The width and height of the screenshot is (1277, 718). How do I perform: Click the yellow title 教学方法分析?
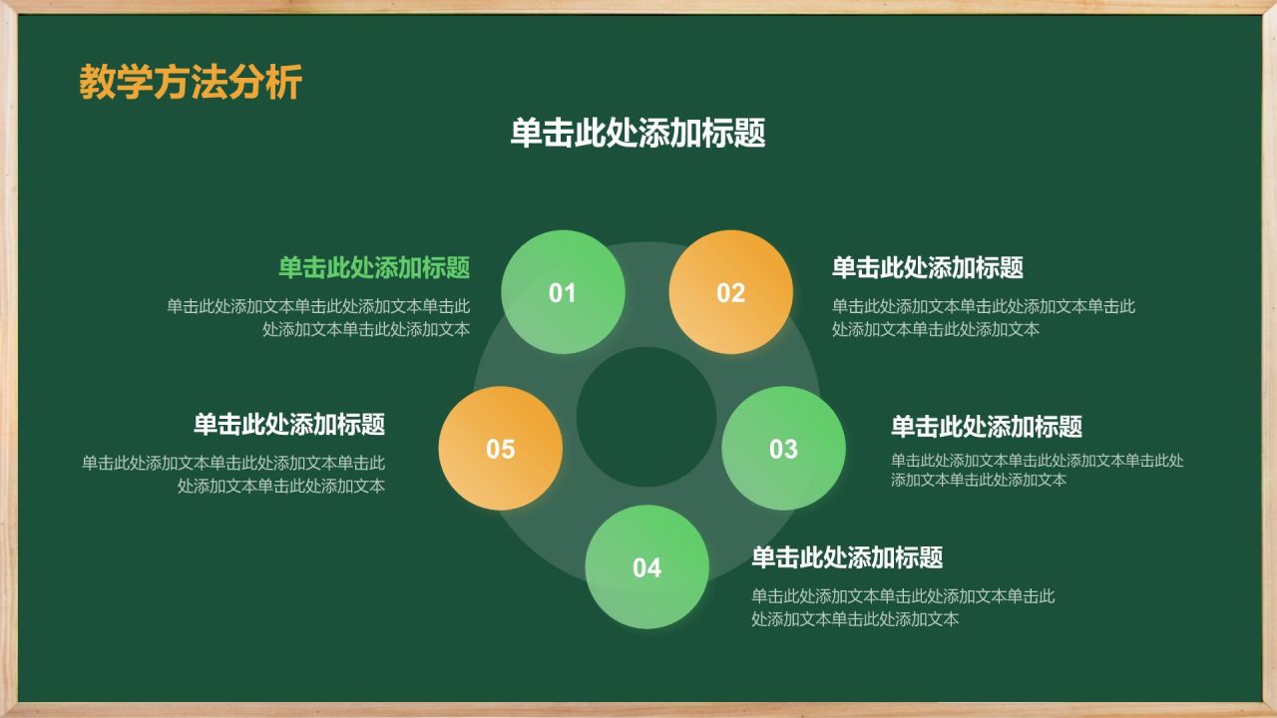tap(190, 83)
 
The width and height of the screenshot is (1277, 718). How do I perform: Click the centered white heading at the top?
tap(638, 134)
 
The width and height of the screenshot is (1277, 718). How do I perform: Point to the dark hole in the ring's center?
tap(646, 417)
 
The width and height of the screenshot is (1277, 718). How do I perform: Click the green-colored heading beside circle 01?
tap(374, 267)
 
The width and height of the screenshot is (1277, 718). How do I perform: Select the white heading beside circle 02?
tap(928, 267)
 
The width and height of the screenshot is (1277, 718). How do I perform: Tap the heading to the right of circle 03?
tap(987, 427)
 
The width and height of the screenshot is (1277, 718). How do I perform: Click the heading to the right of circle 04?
tap(847, 557)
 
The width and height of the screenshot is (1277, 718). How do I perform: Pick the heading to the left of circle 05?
tap(289, 424)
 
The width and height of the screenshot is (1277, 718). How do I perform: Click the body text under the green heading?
tap(319, 317)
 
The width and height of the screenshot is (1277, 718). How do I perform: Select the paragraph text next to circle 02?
tap(983, 317)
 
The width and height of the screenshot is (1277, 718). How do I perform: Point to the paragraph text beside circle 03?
tap(1037, 470)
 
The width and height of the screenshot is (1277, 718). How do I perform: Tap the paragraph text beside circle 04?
tap(903, 607)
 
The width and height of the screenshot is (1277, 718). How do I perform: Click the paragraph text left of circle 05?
tap(234, 474)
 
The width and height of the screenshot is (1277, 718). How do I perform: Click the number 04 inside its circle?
tap(646, 568)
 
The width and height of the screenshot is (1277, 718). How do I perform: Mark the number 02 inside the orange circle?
tap(731, 293)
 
